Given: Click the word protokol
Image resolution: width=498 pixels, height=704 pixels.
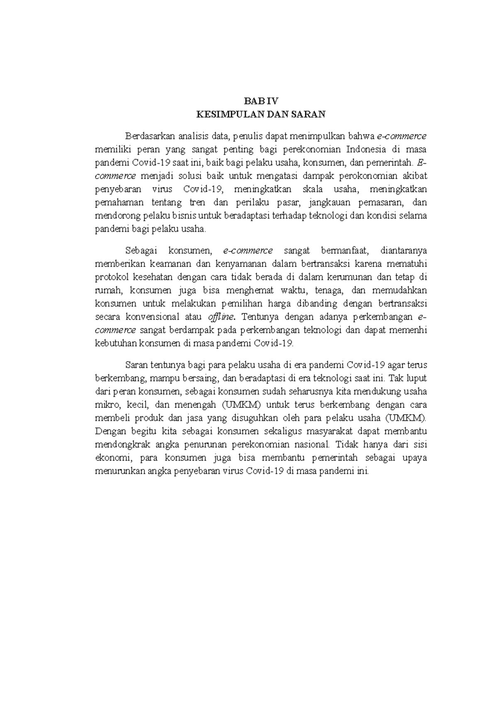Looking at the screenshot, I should click(x=110, y=277).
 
